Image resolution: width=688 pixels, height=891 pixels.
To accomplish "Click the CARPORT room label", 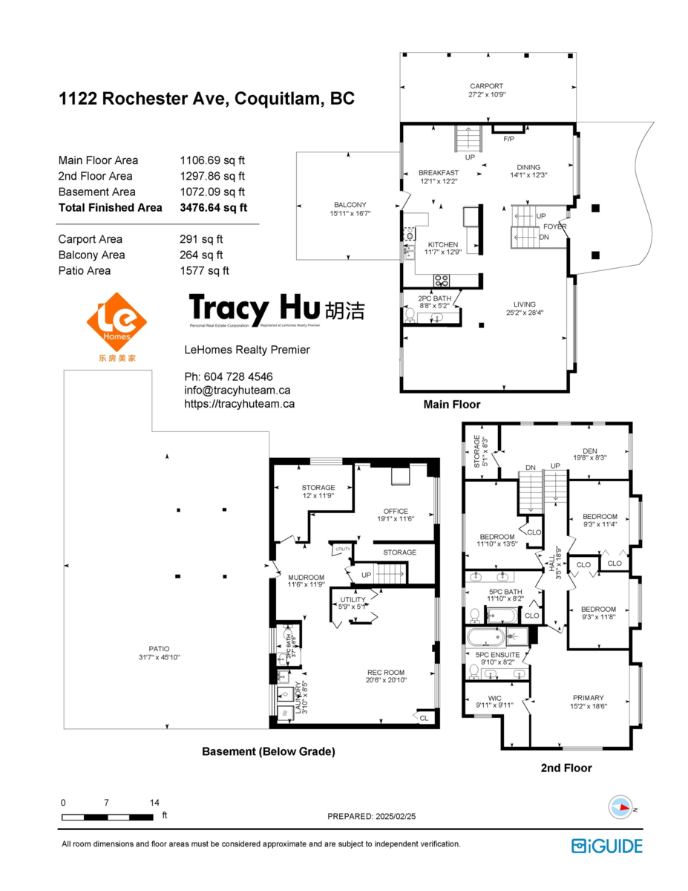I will [485, 86].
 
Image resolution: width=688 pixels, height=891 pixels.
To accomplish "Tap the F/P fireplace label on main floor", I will [509, 139].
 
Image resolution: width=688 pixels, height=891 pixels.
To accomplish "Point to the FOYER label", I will [554, 226].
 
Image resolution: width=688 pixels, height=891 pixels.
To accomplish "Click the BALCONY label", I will [350, 205].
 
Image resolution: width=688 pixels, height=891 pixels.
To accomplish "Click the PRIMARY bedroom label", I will [588, 697].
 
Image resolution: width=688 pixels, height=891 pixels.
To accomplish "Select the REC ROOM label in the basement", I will [385, 673].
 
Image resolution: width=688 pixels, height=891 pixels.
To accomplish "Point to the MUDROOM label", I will [307, 577].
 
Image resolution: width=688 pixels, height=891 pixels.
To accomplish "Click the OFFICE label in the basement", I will [396, 511].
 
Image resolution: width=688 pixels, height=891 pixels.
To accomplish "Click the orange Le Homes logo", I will [117, 322].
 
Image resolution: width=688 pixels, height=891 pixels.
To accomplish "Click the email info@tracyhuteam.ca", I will [237, 390].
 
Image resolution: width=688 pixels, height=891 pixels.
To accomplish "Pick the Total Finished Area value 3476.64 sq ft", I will [214, 208].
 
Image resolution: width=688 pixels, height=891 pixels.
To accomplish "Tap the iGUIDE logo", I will [606, 845].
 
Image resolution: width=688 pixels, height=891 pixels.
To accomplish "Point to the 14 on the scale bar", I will [154, 803].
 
